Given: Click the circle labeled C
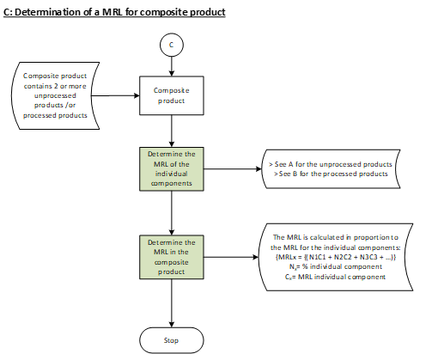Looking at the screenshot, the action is (172, 45).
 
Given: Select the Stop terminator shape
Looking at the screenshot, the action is (172, 340).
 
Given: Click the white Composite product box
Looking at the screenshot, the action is (172, 95).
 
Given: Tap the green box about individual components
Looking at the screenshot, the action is (172, 169).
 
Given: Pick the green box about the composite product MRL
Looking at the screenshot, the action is (172, 257).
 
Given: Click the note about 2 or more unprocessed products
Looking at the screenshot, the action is (55, 95).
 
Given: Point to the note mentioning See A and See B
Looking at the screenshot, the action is (331, 169).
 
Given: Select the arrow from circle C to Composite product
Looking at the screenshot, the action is (172, 66).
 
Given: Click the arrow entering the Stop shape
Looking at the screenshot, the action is (172, 303).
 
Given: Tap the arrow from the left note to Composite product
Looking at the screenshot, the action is (115, 95).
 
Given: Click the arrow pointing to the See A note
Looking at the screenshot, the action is (233, 169).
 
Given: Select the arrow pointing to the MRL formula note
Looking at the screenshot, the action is (231, 257).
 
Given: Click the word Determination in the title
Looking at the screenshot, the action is (48, 12).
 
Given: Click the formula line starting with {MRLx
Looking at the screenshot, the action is (336, 257).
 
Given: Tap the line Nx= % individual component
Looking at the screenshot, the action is (336, 267).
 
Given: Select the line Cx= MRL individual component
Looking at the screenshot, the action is (335, 277).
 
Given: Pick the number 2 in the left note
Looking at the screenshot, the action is (56, 86).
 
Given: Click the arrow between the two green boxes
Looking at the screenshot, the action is (172, 213).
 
